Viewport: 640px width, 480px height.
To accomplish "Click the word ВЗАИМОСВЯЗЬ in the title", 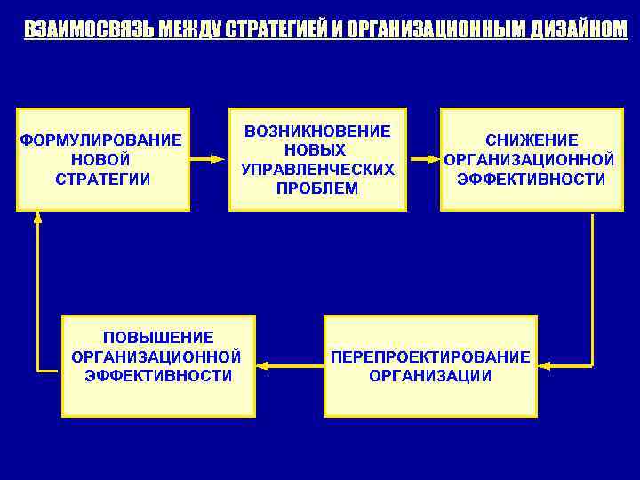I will click(x=77, y=29).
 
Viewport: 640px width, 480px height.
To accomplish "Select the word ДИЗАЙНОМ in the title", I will click(x=578, y=29).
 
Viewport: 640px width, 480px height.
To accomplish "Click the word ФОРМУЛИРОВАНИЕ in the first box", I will click(x=100, y=140).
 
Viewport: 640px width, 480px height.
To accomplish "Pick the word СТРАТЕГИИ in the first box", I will click(x=102, y=179).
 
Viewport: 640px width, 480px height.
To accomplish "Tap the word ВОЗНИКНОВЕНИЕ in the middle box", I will click(x=317, y=131).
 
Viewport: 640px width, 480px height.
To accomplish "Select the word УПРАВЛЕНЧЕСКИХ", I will click(x=317, y=169).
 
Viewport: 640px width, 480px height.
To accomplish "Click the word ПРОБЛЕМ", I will click(x=317, y=188).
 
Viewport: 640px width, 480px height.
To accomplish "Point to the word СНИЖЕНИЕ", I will click(x=532, y=140).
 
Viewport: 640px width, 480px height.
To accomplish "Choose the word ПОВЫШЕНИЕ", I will click(x=158, y=337).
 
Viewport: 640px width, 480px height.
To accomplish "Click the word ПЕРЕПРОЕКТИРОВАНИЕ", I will click(x=430, y=356).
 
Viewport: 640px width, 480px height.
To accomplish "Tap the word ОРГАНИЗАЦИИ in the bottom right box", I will click(x=430, y=376).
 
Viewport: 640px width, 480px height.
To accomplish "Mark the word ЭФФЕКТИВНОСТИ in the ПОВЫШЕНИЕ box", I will click(x=158, y=376).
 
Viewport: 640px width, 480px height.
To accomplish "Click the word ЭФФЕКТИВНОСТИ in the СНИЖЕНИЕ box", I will click(x=532, y=179).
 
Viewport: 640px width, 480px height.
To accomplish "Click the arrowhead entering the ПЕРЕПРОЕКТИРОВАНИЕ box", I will click(x=544, y=365).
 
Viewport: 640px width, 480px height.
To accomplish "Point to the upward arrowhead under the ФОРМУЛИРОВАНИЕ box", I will click(x=37, y=217).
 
